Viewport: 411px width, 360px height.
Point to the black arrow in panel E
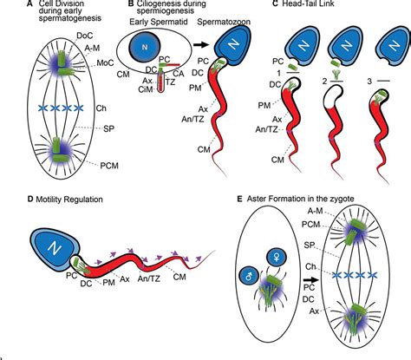click(x=310, y=281)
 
